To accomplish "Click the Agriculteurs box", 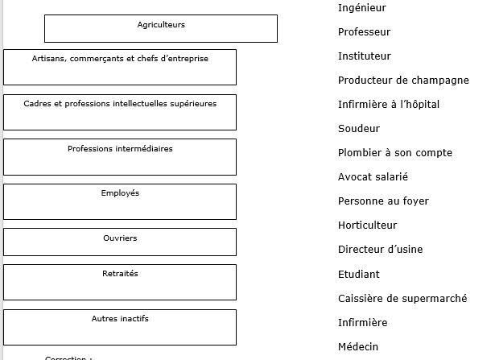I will click(161, 28).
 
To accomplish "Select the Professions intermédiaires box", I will click(120, 157).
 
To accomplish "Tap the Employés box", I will click(120, 201).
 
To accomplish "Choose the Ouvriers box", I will click(120, 242).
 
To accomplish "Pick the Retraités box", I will click(120, 282).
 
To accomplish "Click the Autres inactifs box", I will click(120, 327).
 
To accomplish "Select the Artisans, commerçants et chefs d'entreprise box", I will click(120, 67).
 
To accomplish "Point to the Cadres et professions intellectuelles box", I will click(120, 112).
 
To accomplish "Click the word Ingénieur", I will click(362, 8).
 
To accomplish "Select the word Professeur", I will click(364, 32).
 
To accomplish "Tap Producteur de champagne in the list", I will click(403, 81).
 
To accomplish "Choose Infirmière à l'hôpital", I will click(389, 105).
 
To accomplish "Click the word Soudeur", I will click(359, 129).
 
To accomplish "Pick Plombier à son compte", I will click(395, 153).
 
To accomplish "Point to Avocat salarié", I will click(373, 177).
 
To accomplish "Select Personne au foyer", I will click(383, 201).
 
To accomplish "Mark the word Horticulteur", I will click(367, 226).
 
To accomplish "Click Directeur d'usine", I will click(380, 250).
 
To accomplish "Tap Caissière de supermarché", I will click(402, 299).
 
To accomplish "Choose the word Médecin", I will click(357, 347).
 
